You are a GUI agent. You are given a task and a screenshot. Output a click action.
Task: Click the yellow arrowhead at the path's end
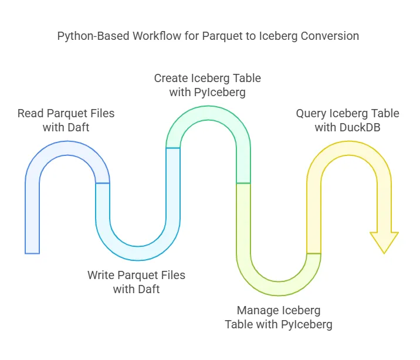click(x=384, y=241)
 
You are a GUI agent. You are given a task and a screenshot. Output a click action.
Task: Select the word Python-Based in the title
click(x=89, y=36)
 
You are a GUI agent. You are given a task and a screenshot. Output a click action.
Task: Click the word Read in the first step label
click(x=30, y=113)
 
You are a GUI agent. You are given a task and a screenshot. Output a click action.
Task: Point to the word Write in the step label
click(x=101, y=275)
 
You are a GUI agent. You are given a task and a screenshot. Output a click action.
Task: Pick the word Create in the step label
click(x=171, y=78)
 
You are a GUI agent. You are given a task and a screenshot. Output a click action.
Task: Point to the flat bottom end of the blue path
click(x=32, y=252)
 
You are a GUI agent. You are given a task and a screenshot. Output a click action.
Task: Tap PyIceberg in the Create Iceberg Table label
click(x=221, y=92)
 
